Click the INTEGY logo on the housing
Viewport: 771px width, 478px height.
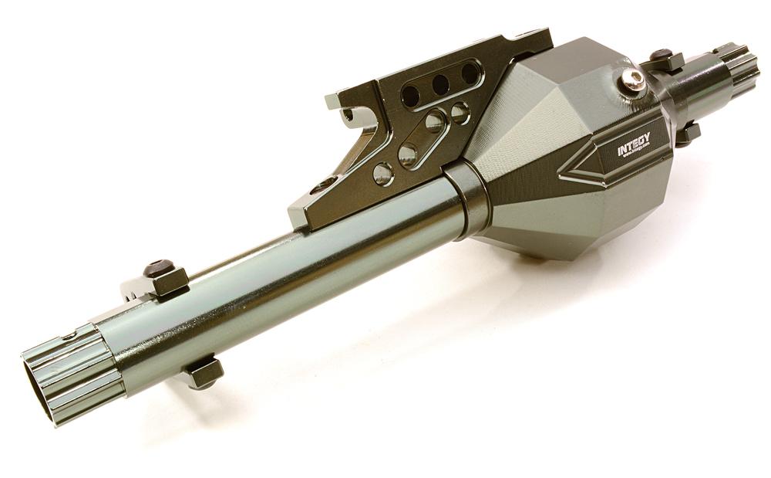[x=633, y=144]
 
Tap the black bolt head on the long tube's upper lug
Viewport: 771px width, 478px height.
[x=158, y=268]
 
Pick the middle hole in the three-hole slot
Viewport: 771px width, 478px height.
[x=440, y=84]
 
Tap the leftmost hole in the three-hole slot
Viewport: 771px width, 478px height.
[x=411, y=96]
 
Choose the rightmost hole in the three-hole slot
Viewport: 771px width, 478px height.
[x=469, y=73]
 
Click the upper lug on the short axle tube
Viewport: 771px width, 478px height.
[x=663, y=58]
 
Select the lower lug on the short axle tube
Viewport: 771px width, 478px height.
[x=686, y=134]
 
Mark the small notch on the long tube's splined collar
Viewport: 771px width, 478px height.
[x=70, y=336]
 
